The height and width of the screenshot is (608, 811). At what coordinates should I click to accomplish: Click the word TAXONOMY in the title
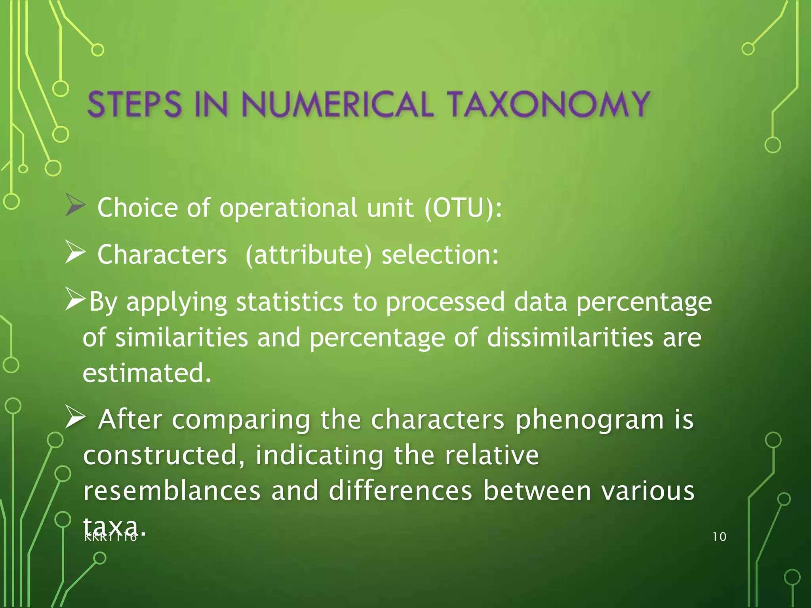point(549,104)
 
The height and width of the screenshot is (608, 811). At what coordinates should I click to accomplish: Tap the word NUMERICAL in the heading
point(337,104)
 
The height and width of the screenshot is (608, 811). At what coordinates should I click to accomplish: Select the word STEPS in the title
point(134,104)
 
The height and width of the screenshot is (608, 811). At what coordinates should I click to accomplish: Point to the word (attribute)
point(308,255)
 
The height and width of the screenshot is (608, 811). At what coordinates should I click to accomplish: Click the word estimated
point(147,373)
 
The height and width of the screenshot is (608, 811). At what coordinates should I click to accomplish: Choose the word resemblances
point(172,490)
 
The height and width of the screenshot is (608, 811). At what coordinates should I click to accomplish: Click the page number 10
point(719,537)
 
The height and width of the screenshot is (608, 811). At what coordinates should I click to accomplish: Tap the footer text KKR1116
point(111,538)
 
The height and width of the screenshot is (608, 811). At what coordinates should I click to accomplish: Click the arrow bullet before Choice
point(75,205)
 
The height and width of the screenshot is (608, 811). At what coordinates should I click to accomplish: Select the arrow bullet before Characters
point(75,252)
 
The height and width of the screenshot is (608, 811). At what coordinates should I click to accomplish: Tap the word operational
point(288,208)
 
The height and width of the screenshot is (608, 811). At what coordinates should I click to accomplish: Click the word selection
point(440,255)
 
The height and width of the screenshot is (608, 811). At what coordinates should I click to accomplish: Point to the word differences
point(400,490)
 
